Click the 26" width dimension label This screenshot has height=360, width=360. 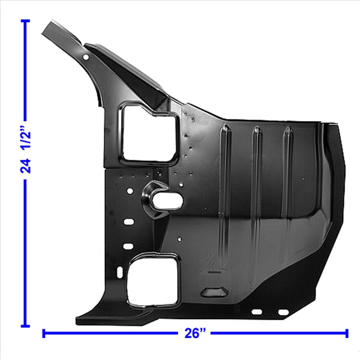point(195,333)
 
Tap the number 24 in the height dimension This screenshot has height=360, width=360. point(25,166)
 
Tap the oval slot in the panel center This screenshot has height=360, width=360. point(167,202)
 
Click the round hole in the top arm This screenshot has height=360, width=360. point(86,57)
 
